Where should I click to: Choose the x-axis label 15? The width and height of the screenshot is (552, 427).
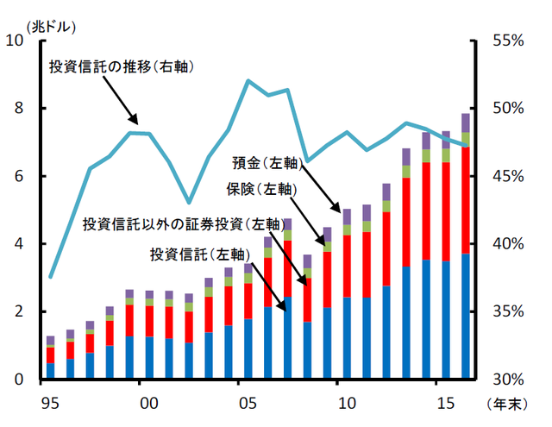446,403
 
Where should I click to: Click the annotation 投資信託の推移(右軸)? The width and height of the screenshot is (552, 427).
121,67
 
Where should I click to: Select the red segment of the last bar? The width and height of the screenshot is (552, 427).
466,198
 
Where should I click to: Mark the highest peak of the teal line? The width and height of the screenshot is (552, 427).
248,80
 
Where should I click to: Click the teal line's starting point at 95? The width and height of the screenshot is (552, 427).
50,277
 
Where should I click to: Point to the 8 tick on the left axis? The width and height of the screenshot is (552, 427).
19,109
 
